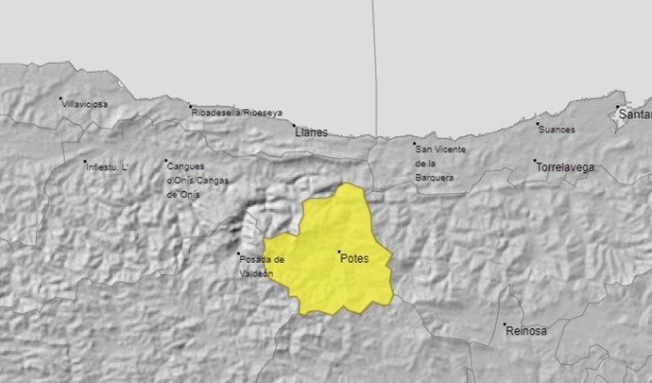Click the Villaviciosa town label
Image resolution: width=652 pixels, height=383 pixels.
pyautogui.click(x=85, y=103)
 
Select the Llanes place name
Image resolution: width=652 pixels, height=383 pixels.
pyautogui.click(x=312, y=132)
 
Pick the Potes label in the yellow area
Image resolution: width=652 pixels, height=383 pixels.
pyautogui.click(x=354, y=258)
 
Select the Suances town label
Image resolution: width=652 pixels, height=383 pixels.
pyautogui.click(x=557, y=126)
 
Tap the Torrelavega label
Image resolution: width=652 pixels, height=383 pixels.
pyautogui.click(x=566, y=167)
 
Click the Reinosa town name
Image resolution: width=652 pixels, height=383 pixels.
pyautogui.click(x=526, y=331)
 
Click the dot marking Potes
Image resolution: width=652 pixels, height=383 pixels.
pyautogui.click(x=339, y=252)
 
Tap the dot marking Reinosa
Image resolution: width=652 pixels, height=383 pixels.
pyautogui.click(x=504, y=324)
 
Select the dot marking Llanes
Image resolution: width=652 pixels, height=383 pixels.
pyautogui.click(x=293, y=125)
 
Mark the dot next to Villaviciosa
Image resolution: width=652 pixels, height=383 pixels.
pyautogui.click(x=60, y=98)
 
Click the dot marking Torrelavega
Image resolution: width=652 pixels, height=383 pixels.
pyautogui.click(x=535, y=162)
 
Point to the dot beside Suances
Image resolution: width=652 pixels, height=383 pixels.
pyautogui.click(x=538, y=123)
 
